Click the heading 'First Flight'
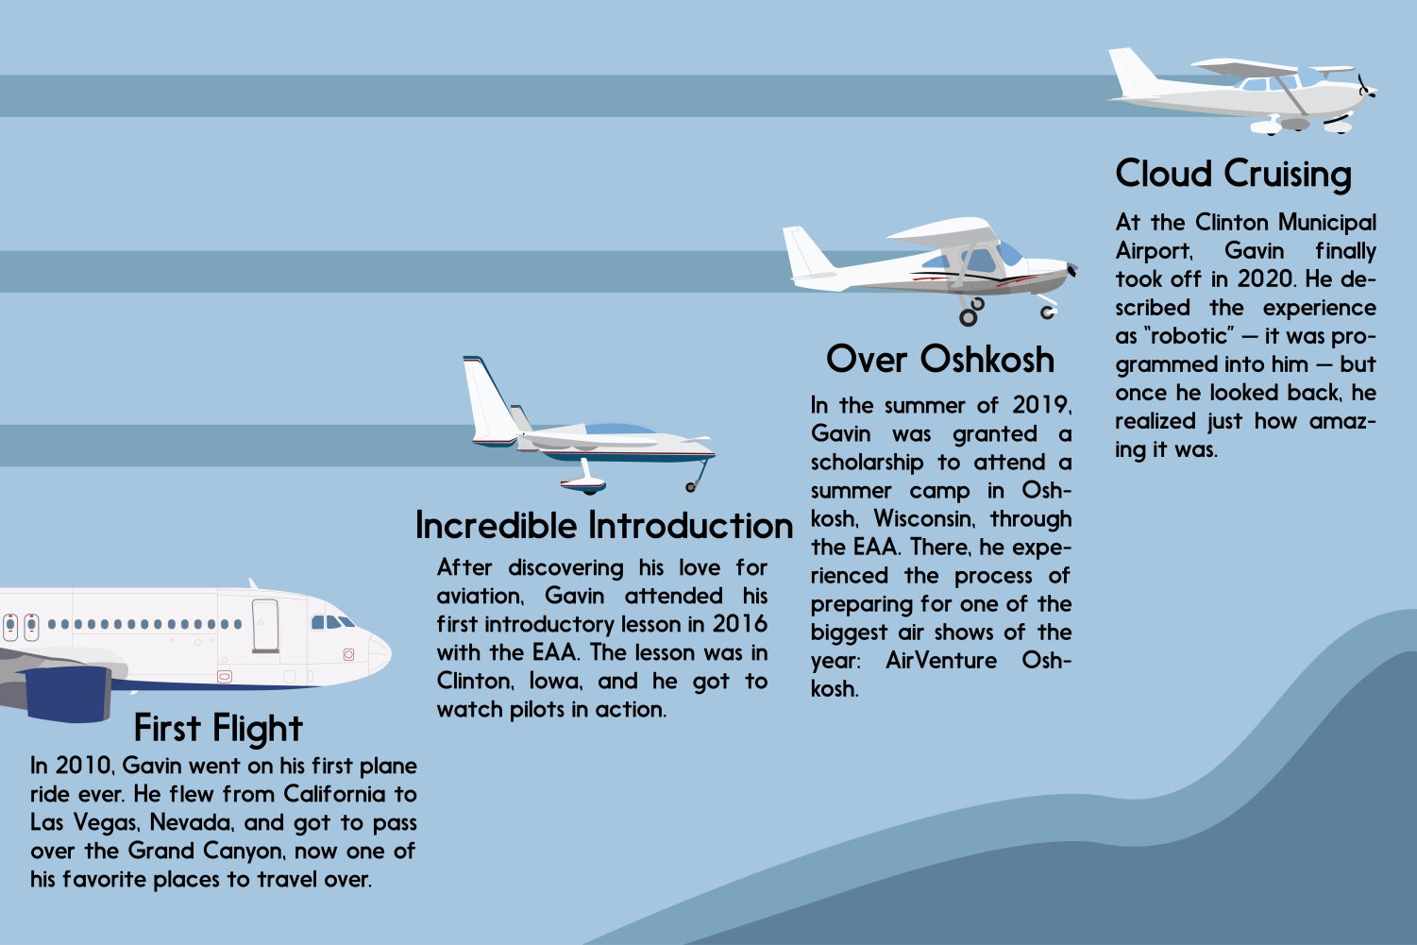(218, 729)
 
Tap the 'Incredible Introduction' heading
(604, 526)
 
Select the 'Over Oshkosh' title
(940, 360)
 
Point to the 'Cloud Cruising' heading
(1233, 174)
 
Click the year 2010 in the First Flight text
(84, 766)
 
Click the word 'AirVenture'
(940, 660)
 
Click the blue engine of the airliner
(70, 694)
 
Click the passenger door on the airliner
(265, 626)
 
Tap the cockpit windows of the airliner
(332, 622)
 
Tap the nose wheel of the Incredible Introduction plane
(691, 487)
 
